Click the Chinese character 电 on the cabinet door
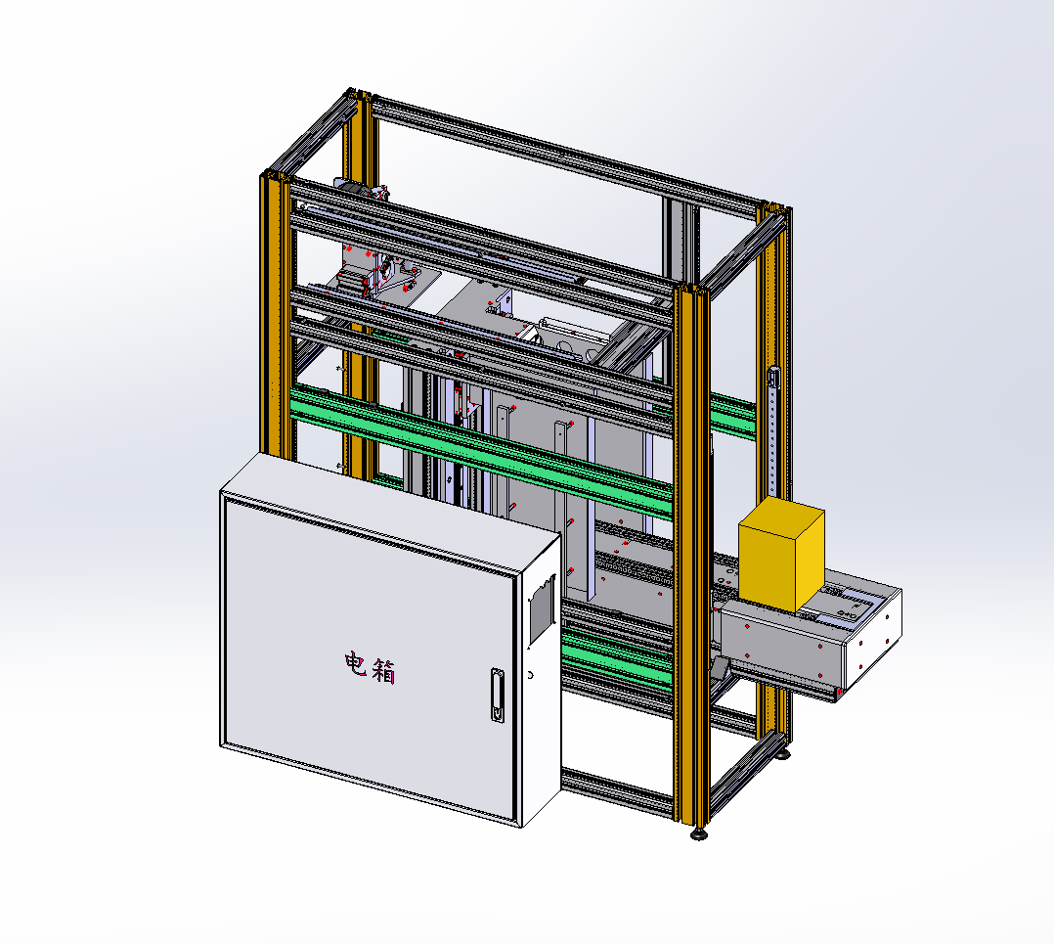click(356, 664)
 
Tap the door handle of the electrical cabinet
click(498, 696)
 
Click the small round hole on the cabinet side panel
click(530, 674)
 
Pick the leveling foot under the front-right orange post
click(699, 833)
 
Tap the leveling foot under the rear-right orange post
click(782, 753)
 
